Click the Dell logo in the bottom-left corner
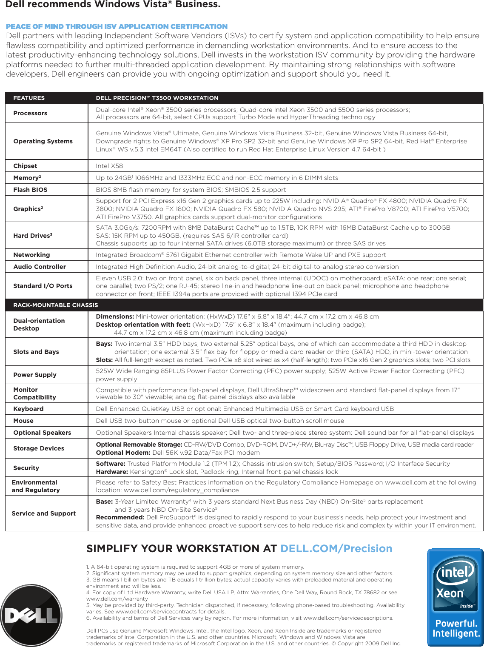(31, 616)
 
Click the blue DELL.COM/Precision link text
(336, 549)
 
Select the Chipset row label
(25, 166)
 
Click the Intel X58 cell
(109, 166)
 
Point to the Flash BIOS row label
(30, 190)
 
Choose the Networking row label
(31, 255)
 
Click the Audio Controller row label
(40, 267)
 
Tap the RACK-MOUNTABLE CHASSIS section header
(56, 305)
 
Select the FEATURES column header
(29, 98)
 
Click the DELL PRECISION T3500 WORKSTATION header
(157, 98)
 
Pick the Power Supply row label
(35, 375)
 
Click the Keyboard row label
(28, 409)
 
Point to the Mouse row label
(23, 421)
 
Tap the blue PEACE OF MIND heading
(117, 26)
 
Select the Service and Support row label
(44, 513)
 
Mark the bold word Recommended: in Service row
(120, 517)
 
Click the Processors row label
(30, 113)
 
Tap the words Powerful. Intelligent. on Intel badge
(456, 628)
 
